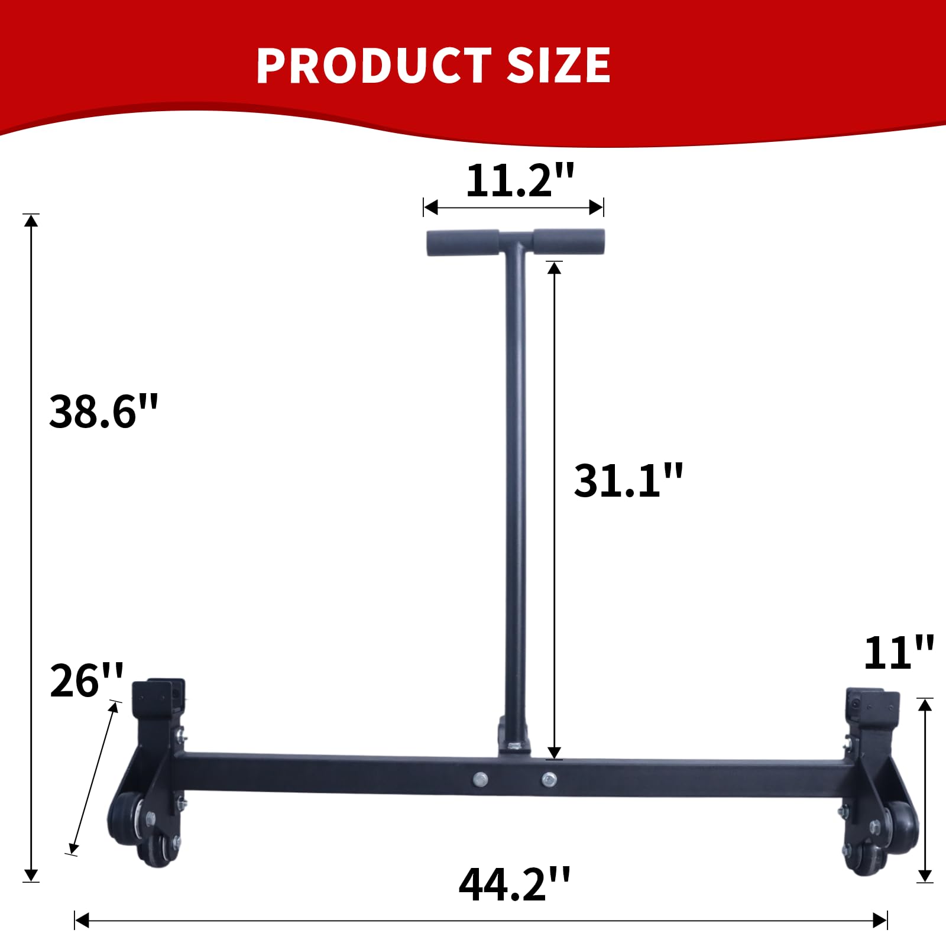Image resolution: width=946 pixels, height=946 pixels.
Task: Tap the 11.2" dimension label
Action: click(x=520, y=180)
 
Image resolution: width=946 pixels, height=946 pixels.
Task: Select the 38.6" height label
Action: click(x=103, y=412)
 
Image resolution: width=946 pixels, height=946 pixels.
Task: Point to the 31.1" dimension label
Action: click(x=628, y=480)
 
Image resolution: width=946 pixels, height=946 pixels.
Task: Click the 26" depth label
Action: click(x=86, y=681)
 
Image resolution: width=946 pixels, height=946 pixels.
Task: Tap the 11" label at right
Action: click(x=898, y=653)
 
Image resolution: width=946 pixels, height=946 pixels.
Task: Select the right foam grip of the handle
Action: click(x=569, y=241)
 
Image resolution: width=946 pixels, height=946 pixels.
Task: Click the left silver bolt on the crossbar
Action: click(x=481, y=779)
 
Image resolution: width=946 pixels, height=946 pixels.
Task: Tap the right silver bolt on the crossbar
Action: click(x=549, y=779)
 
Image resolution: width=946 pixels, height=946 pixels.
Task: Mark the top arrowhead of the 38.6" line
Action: click(x=31, y=220)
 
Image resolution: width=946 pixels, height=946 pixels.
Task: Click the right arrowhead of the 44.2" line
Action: click(x=880, y=921)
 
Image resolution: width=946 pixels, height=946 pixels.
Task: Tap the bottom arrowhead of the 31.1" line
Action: click(x=554, y=753)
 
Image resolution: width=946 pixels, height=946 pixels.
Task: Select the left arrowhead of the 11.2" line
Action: click(x=430, y=208)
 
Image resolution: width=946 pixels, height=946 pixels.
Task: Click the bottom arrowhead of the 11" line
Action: click(x=925, y=876)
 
